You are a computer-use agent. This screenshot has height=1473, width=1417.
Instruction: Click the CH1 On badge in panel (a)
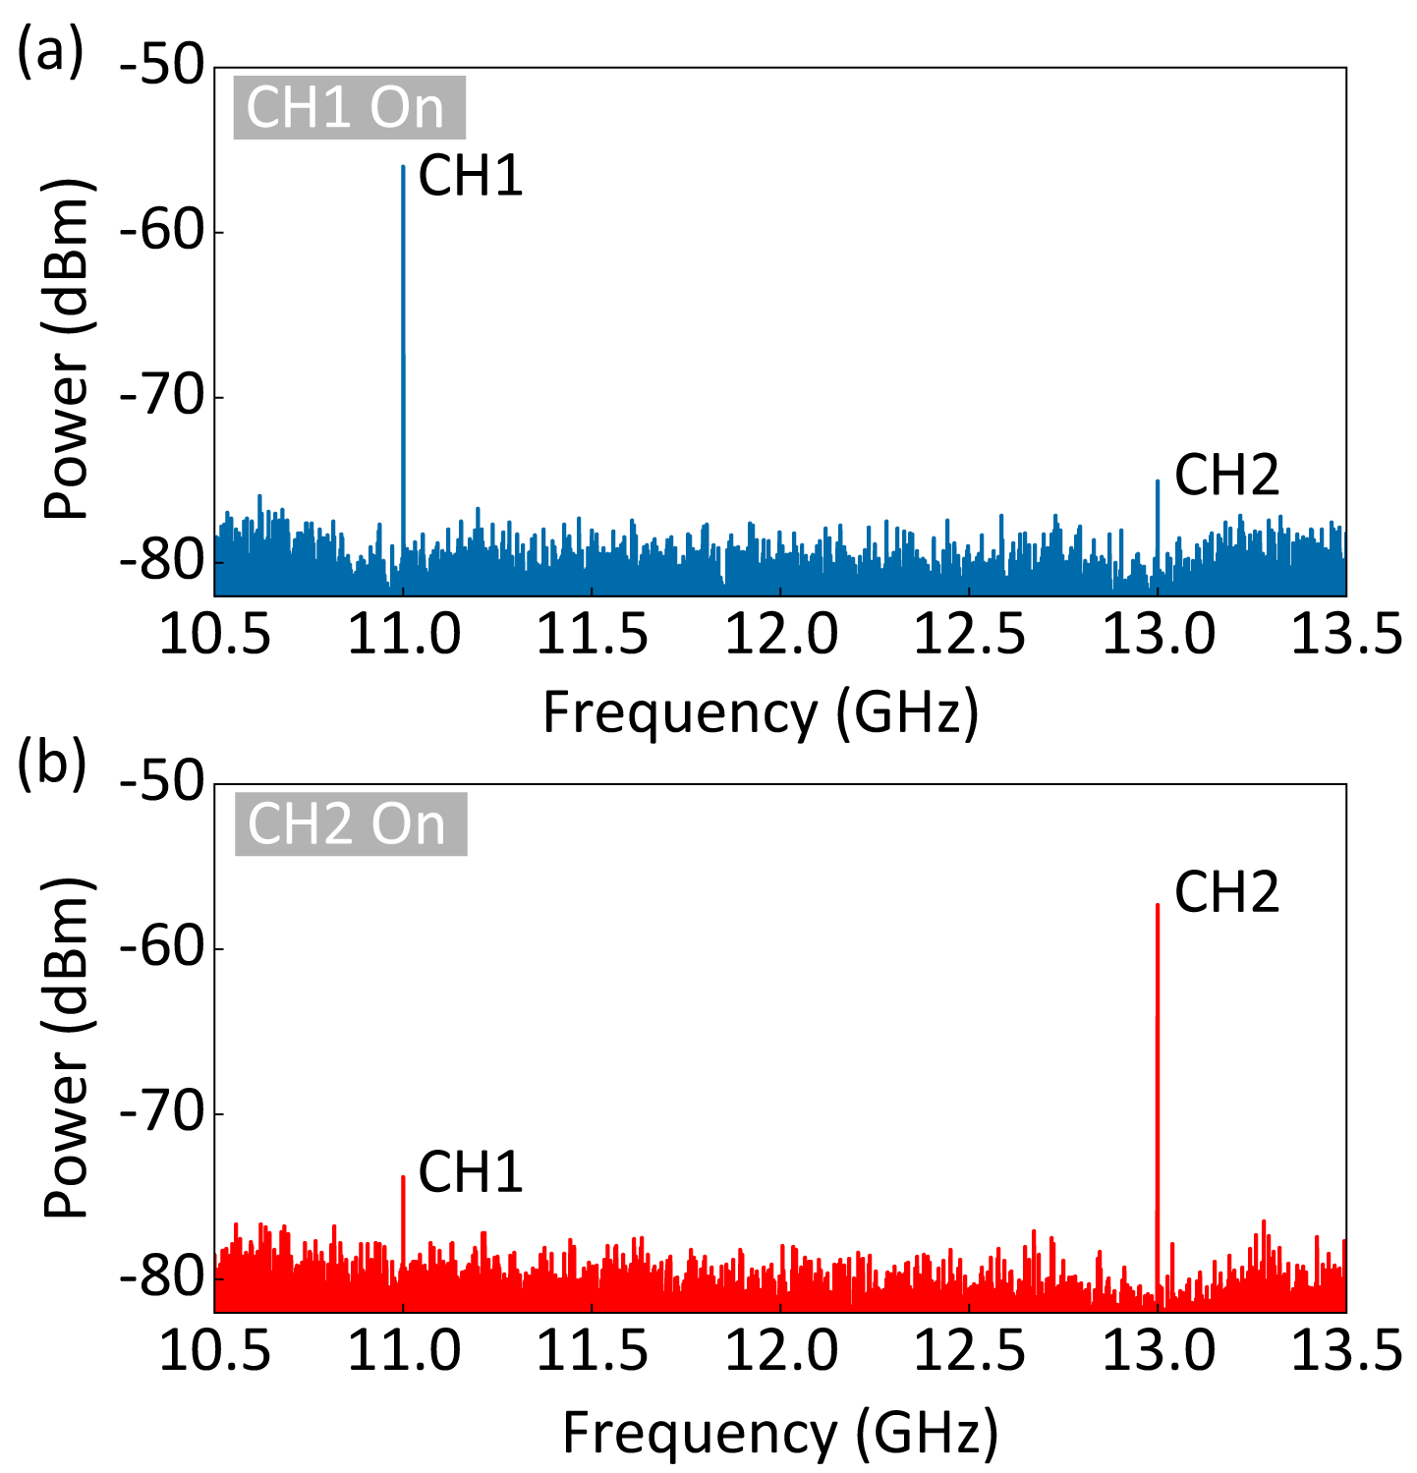click(349, 107)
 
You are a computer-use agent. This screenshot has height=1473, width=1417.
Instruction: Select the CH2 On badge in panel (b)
click(350, 823)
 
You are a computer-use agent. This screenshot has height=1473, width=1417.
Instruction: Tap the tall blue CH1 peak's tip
click(403, 168)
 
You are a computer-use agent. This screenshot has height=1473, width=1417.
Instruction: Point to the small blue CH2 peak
click(1158, 482)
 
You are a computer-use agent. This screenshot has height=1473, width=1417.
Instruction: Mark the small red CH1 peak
click(403, 1178)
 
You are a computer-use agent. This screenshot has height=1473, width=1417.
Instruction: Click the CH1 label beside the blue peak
click(471, 177)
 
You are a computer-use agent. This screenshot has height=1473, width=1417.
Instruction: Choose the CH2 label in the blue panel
click(1226, 476)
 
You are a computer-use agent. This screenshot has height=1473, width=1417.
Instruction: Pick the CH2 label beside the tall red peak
click(1226, 893)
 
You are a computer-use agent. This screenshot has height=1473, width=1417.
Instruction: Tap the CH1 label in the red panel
click(471, 1172)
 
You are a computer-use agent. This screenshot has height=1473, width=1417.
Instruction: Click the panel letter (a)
click(50, 52)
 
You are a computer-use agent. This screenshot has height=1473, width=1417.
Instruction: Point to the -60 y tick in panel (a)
click(161, 233)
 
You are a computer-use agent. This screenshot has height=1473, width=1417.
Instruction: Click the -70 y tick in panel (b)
click(161, 1114)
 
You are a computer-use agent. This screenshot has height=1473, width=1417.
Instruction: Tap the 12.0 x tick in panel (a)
click(781, 634)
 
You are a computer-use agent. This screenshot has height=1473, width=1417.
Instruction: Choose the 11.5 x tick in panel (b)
click(592, 1351)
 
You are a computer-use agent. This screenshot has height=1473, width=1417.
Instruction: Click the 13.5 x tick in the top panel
click(1345, 634)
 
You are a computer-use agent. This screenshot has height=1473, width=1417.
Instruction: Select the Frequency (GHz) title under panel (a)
click(761, 712)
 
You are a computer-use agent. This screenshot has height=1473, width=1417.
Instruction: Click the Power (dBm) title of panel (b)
click(69, 1048)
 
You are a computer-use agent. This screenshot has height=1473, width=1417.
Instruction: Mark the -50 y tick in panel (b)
click(161, 784)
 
